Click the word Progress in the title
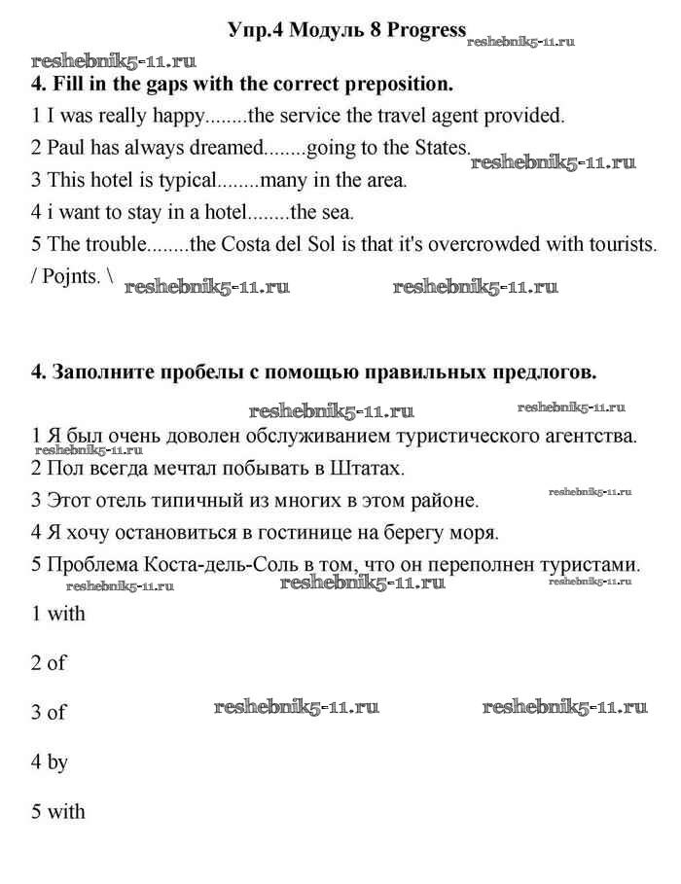tap(427, 30)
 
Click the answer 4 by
tap(50, 762)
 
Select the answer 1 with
tap(58, 614)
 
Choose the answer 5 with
tap(58, 812)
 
